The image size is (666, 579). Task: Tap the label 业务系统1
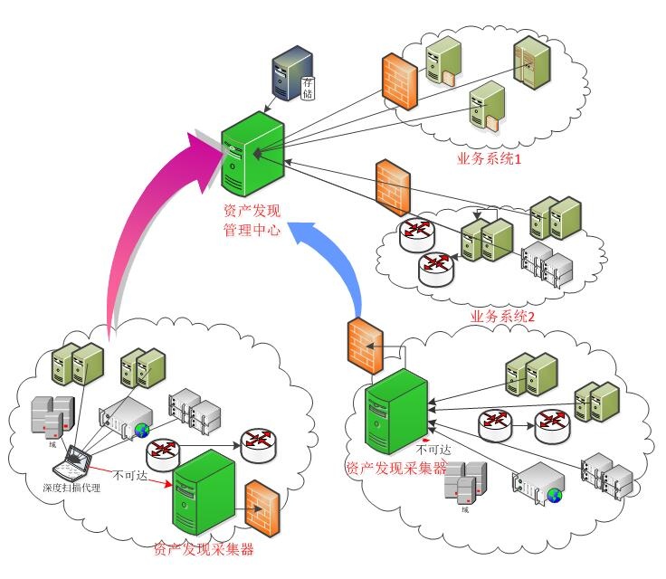click(x=490, y=159)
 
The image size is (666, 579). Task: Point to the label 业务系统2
click(x=504, y=318)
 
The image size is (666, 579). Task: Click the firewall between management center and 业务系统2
click(x=393, y=187)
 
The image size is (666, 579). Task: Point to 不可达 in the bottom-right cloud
click(x=432, y=447)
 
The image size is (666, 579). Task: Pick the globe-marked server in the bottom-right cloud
click(x=540, y=482)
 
